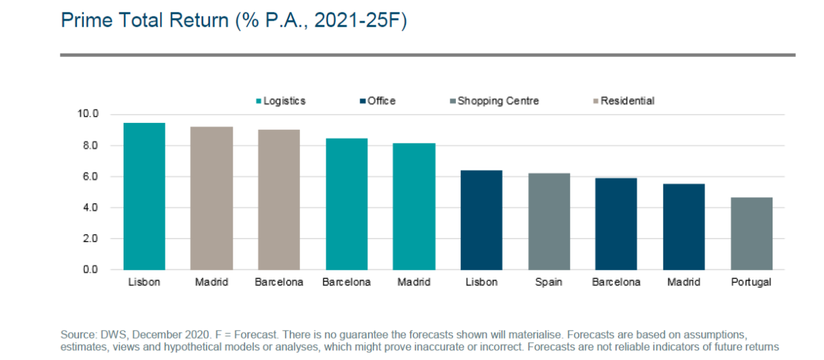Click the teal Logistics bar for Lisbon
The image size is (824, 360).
144,196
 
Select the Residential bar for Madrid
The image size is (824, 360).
211,198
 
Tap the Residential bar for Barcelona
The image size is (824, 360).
279,199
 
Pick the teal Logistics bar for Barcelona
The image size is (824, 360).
346,204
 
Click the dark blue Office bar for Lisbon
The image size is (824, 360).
481,220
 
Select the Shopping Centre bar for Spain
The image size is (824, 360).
549,221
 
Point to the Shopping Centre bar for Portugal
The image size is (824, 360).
751,234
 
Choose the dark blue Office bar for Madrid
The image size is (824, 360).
684,227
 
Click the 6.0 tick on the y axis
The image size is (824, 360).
91,177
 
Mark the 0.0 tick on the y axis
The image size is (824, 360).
91,269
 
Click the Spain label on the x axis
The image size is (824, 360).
549,282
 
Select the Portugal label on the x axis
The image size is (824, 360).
751,282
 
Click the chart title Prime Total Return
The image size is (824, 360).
233,21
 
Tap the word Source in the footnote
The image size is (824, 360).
78,334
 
